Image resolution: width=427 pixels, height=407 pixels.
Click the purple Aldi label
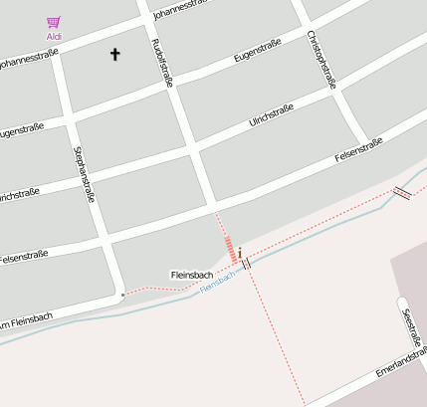[54, 36]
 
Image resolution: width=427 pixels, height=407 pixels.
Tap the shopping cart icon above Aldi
[54, 22]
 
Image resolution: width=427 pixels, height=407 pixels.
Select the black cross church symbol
[114, 54]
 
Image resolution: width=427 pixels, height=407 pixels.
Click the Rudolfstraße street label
[161, 62]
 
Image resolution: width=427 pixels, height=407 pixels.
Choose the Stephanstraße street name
[84, 174]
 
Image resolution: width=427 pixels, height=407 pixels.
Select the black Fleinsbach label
[191, 274]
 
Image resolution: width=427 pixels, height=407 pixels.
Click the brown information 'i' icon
[239, 254]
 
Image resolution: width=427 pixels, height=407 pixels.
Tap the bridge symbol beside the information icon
[246, 264]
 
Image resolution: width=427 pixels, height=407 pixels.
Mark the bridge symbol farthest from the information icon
[402, 191]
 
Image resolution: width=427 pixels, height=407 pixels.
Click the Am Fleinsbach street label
[26, 318]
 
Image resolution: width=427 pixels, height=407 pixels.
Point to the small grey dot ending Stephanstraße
[122, 295]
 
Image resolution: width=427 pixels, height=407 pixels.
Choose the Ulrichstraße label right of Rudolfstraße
[270, 116]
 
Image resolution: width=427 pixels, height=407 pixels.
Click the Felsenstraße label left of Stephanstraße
[24, 257]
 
